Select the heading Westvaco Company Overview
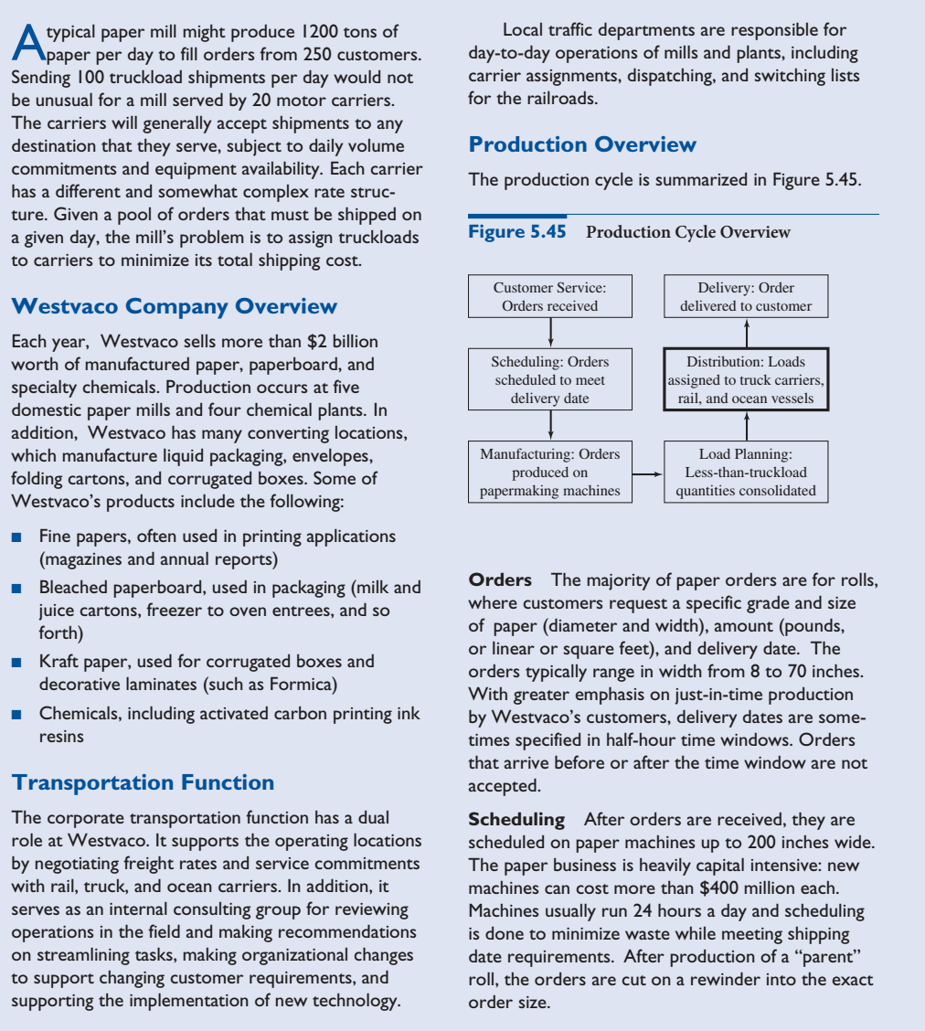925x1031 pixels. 173,306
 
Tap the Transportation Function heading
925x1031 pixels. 142,782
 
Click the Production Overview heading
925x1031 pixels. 582,144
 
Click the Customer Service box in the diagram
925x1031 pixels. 549,296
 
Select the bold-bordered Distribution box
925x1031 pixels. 746,379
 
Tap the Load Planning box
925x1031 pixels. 746,473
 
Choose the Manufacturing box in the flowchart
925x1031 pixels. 549,473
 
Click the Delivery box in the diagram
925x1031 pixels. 746,296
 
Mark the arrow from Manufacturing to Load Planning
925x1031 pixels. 647,474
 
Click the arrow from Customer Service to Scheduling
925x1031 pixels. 549,332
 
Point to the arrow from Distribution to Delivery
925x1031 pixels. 746,332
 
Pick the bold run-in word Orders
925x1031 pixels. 500,580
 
